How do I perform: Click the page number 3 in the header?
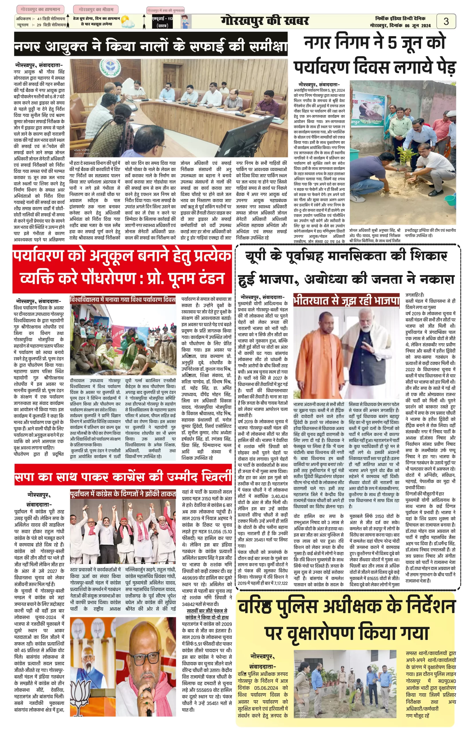tap(446, 21)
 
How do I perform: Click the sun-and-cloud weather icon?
tap(127, 22)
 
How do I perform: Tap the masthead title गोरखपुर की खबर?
tap(264, 21)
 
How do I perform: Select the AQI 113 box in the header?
tap(162, 22)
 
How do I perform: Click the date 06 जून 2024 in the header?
tap(418, 26)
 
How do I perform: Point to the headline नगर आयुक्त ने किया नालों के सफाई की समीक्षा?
tap(151, 46)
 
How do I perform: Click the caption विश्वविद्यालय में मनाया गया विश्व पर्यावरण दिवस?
tap(123, 300)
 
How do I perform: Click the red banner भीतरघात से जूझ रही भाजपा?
tap(346, 301)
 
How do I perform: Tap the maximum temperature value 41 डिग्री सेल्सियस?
tap(51, 19)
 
